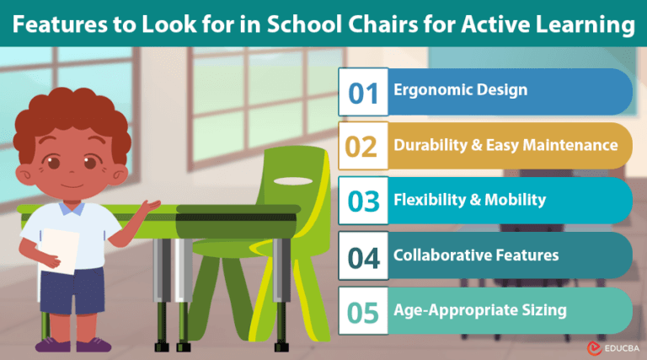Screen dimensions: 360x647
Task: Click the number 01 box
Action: (363, 92)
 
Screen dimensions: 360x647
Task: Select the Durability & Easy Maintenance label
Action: (505, 146)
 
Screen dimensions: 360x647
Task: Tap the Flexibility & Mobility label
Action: (470, 201)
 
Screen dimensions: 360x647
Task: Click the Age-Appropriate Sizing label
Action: (480, 310)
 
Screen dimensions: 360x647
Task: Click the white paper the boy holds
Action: (59, 253)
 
